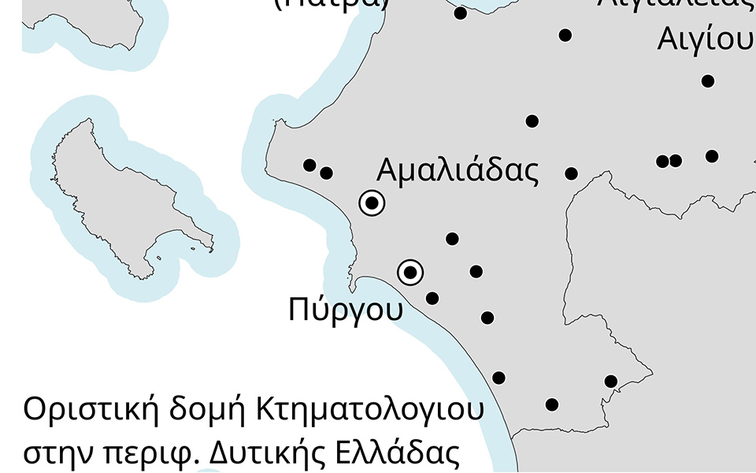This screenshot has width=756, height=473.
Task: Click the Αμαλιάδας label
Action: (x=458, y=170)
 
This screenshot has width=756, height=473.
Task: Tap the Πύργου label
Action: (x=346, y=308)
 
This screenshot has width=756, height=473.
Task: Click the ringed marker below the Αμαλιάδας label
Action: (x=372, y=203)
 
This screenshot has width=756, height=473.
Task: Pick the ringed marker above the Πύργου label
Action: (x=410, y=273)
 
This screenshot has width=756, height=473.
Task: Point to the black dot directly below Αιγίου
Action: (x=708, y=81)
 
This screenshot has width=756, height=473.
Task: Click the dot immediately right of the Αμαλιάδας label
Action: (x=572, y=173)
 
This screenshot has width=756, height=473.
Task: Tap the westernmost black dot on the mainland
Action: (x=309, y=165)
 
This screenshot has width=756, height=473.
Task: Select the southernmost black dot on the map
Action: (x=552, y=405)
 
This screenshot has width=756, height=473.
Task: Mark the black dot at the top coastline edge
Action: (x=461, y=13)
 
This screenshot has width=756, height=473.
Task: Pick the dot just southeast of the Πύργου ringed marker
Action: (x=432, y=298)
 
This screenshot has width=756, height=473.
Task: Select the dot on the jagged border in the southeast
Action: (x=611, y=382)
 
